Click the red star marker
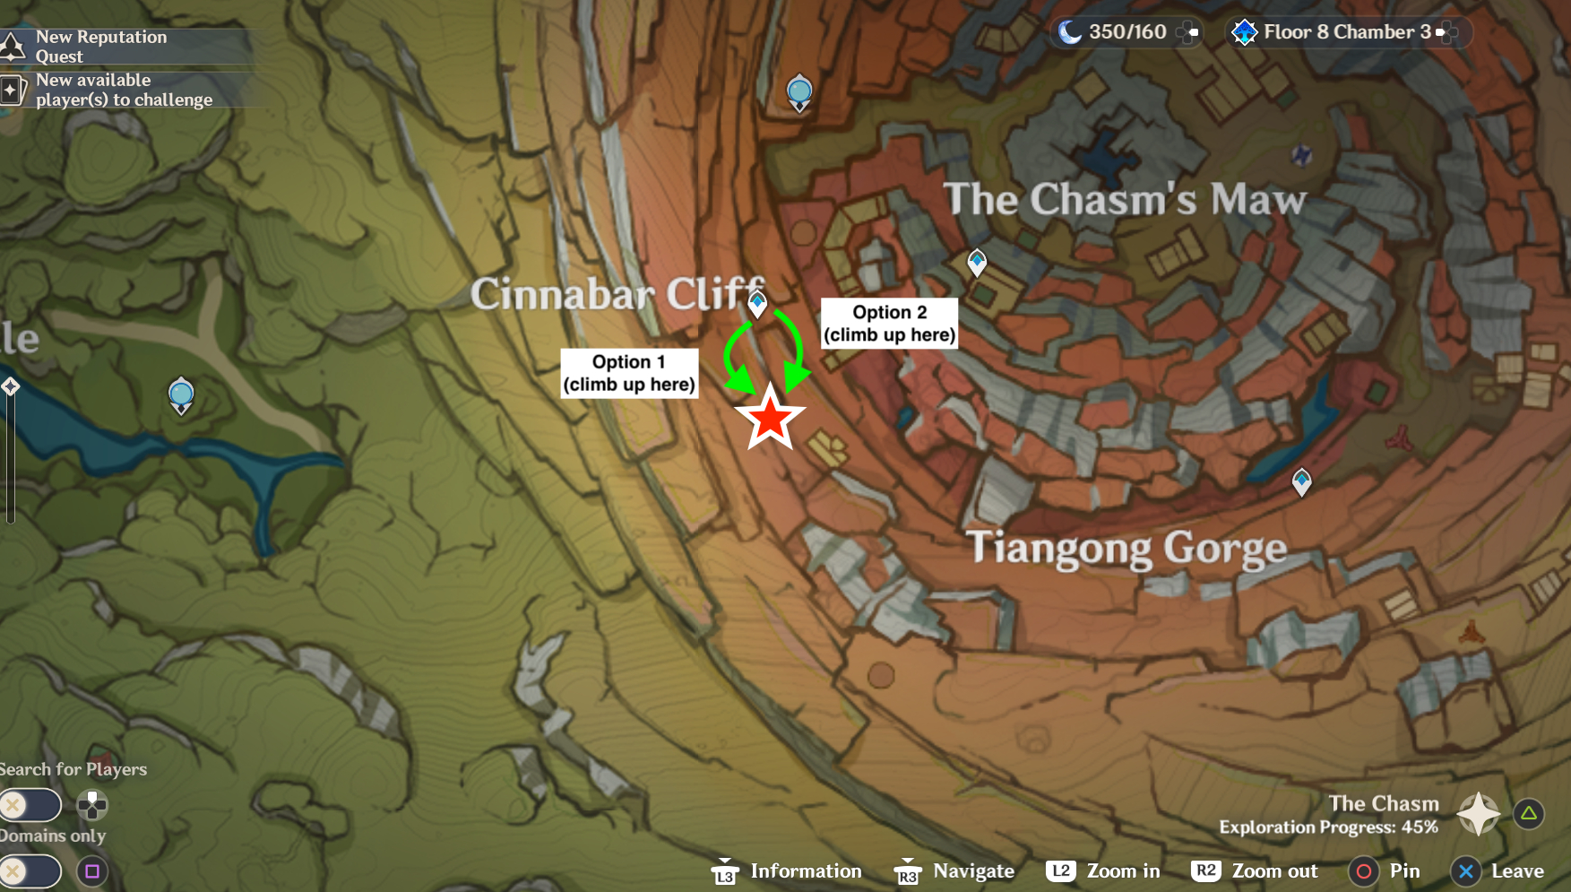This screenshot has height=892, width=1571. (770, 419)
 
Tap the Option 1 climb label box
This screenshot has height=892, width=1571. (629, 373)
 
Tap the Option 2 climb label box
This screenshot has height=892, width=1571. (889, 324)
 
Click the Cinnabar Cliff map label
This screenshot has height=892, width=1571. (617, 294)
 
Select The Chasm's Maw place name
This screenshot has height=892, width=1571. (1125, 199)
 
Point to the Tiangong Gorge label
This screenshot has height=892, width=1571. (1126, 548)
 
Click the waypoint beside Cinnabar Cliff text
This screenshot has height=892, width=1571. (757, 304)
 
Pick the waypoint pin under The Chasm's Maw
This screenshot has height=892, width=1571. (977, 262)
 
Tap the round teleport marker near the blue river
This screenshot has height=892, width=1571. (181, 395)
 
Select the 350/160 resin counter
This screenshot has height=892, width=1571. (1126, 32)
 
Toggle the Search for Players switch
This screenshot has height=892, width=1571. (30, 805)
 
